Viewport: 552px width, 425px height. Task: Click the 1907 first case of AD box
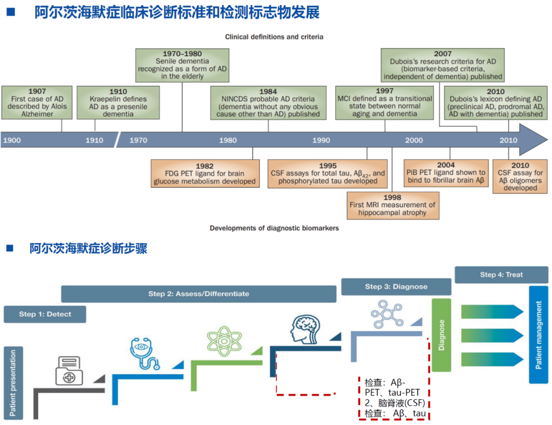tap(37, 103)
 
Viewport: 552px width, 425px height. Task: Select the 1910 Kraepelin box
tap(118, 103)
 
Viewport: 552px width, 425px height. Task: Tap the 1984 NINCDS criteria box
tap(268, 103)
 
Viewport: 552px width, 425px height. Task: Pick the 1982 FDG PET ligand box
tap(204, 173)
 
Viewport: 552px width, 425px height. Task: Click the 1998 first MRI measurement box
tap(393, 205)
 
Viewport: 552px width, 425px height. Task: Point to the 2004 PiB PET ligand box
tap(446, 172)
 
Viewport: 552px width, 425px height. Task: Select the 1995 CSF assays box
tap(328, 173)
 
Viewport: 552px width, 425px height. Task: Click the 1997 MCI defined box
tap(385, 102)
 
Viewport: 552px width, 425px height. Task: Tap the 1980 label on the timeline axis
tap(228, 140)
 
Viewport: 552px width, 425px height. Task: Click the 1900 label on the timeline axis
tap(12, 140)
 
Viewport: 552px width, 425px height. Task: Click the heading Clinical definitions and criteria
tap(274, 37)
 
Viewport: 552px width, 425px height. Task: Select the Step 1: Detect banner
tap(45, 314)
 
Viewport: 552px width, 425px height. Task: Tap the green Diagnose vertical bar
tap(442, 335)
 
